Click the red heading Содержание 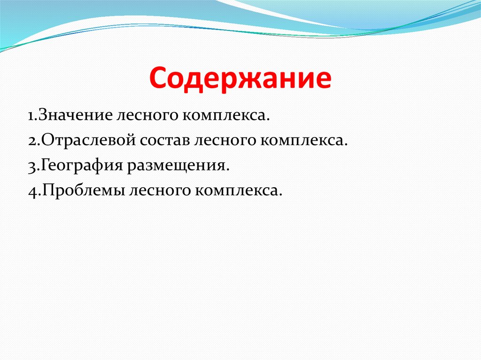[x=240, y=79]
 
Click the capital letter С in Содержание [x=160, y=79]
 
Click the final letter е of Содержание [x=321, y=80]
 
